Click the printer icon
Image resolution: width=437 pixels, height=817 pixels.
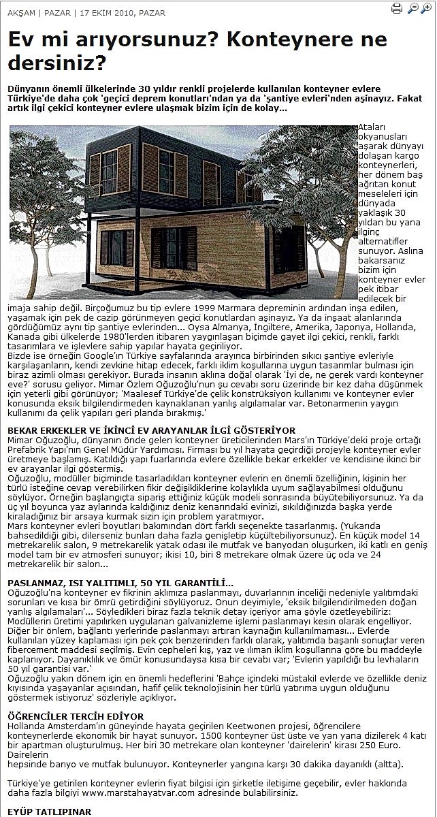pyautogui.click(x=397, y=8)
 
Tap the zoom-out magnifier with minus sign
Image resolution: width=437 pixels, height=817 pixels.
pyautogui.click(x=413, y=8)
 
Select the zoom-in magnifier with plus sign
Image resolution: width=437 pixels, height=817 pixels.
pyautogui.click(x=427, y=8)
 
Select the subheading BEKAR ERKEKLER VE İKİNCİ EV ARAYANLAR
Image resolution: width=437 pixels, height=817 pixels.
pyautogui.click(x=151, y=430)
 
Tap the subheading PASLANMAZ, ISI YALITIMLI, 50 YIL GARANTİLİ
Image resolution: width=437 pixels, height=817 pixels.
pyautogui.click(x=120, y=583)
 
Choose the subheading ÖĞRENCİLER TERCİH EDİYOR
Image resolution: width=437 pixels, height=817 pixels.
pyautogui.click(x=76, y=716)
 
